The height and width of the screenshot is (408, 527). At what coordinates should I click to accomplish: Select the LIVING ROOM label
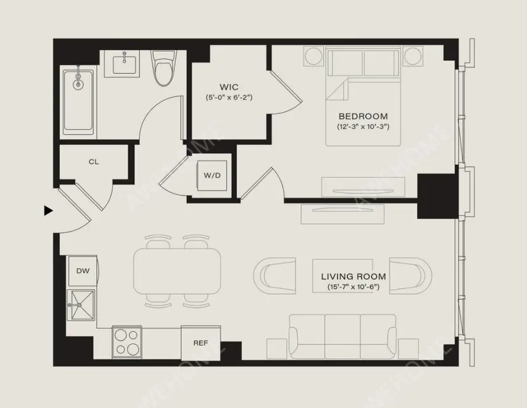tap(353, 277)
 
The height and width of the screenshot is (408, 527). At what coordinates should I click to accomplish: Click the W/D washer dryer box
tap(212, 175)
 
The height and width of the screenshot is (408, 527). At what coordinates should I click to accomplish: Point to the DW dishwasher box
tap(82, 271)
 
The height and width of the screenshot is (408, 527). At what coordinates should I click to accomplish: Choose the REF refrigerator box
tap(200, 343)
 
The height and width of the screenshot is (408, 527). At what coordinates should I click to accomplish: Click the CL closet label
tap(94, 162)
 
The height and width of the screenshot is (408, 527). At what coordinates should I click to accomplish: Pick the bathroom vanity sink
tap(125, 65)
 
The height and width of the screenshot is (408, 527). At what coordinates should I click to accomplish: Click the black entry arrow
tap(48, 211)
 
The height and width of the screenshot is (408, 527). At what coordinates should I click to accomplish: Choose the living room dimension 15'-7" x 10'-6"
tap(353, 288)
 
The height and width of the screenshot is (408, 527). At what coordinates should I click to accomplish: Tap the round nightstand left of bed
tap(314, 56)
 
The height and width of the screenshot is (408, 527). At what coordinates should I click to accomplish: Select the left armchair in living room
tap(274, 275)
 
